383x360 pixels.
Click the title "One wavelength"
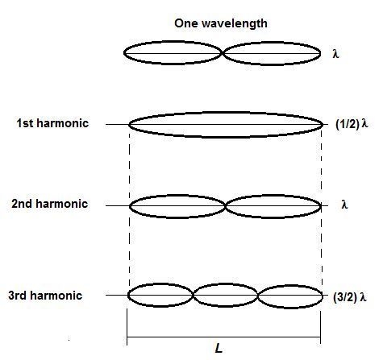tap(221, 23)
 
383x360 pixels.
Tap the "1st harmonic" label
tap(52, 123)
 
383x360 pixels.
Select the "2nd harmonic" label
tap(50, 204)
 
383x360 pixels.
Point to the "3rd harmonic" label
tap(45, 296)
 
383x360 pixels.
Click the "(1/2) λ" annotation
tap(352, 124)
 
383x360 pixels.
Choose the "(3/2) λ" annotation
tap(350, 297)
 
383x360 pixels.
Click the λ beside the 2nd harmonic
tap(344, 205)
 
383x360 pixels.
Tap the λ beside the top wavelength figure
tap(335, 54)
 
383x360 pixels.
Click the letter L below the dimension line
tap(219, 349)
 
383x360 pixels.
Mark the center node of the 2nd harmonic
tap(225, 206)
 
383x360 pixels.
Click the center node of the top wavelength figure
tap(223, 53)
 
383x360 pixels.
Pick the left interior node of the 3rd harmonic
tap(193, 295)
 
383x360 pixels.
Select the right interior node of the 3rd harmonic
tap(258, 296)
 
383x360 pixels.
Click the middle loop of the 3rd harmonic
tap(226, 284)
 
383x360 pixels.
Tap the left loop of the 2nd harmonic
tap(177, 195)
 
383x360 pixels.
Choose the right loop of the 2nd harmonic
tap(273, 196)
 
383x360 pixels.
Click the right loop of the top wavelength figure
tap(272, 43)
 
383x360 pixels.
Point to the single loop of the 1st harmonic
tap(226, 113)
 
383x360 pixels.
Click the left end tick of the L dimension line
tap(127, 327)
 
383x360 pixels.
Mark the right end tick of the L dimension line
tap(320, 327)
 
